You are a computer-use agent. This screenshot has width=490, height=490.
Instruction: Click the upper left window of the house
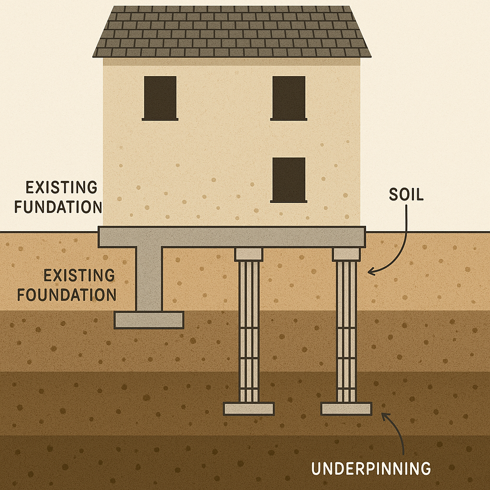(x=160, y=98)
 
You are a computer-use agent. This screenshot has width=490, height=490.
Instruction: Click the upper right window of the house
(x=289, y=98)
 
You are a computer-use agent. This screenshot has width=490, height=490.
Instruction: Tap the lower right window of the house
(x=289, y=179)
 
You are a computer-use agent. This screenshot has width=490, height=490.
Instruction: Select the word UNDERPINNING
(x=371, y=468)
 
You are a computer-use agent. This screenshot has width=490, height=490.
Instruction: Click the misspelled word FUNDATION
(x=58, y=207)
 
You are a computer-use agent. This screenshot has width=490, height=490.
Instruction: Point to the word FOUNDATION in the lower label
(x=67, y=294)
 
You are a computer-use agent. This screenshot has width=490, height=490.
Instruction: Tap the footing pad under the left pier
(x=249, y=409)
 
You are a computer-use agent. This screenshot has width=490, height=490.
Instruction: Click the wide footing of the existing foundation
(x=149, y=320)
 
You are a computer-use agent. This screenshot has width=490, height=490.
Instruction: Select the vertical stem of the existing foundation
(x=149, y=278)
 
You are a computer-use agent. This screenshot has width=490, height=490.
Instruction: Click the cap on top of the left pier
(x=249, y=255)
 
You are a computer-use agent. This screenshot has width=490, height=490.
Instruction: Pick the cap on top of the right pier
(x=346, y=255)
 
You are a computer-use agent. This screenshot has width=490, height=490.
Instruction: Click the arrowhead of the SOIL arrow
(x=370, y=272)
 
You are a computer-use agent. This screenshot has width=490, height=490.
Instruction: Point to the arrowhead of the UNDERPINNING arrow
(x=384, y=415)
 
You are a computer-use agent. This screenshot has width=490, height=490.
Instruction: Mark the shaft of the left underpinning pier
(x=249, y=330)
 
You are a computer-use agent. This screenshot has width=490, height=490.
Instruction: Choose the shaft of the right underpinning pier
(x=346, y=330)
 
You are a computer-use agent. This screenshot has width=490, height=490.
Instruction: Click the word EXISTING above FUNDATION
(x=56, y=187)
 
